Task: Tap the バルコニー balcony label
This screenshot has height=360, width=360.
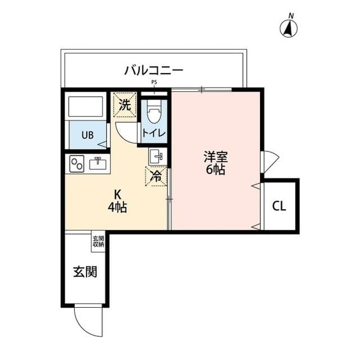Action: [154, 71]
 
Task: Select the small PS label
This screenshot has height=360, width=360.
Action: [154, 82]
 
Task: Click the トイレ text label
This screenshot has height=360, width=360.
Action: [154, 133]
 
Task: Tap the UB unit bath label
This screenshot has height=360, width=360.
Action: [87, 135]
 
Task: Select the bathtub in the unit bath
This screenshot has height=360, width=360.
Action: [85, 107]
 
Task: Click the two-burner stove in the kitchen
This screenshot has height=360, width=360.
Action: [76, 164]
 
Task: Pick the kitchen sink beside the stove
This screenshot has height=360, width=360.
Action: [98, 164]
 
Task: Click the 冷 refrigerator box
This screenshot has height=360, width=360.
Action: [156, 175]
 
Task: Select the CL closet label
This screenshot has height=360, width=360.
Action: [279, 206]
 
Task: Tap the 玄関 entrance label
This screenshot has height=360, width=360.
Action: [84, 272]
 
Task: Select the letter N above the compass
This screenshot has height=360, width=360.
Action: [291, 15]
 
